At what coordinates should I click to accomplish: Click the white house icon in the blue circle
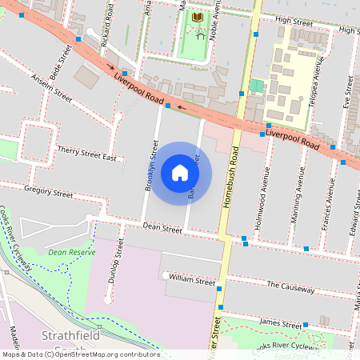pyautogui.click(x=180, y=173)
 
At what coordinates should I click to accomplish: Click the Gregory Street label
pyautogui.click(x=49, y=193)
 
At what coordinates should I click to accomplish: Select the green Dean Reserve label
pyautogui.click(x=71, y=252)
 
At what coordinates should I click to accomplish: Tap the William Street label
pyautogui.click(x=192, y=280)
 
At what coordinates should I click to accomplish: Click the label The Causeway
pyautogui.click(x=290, y=286)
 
